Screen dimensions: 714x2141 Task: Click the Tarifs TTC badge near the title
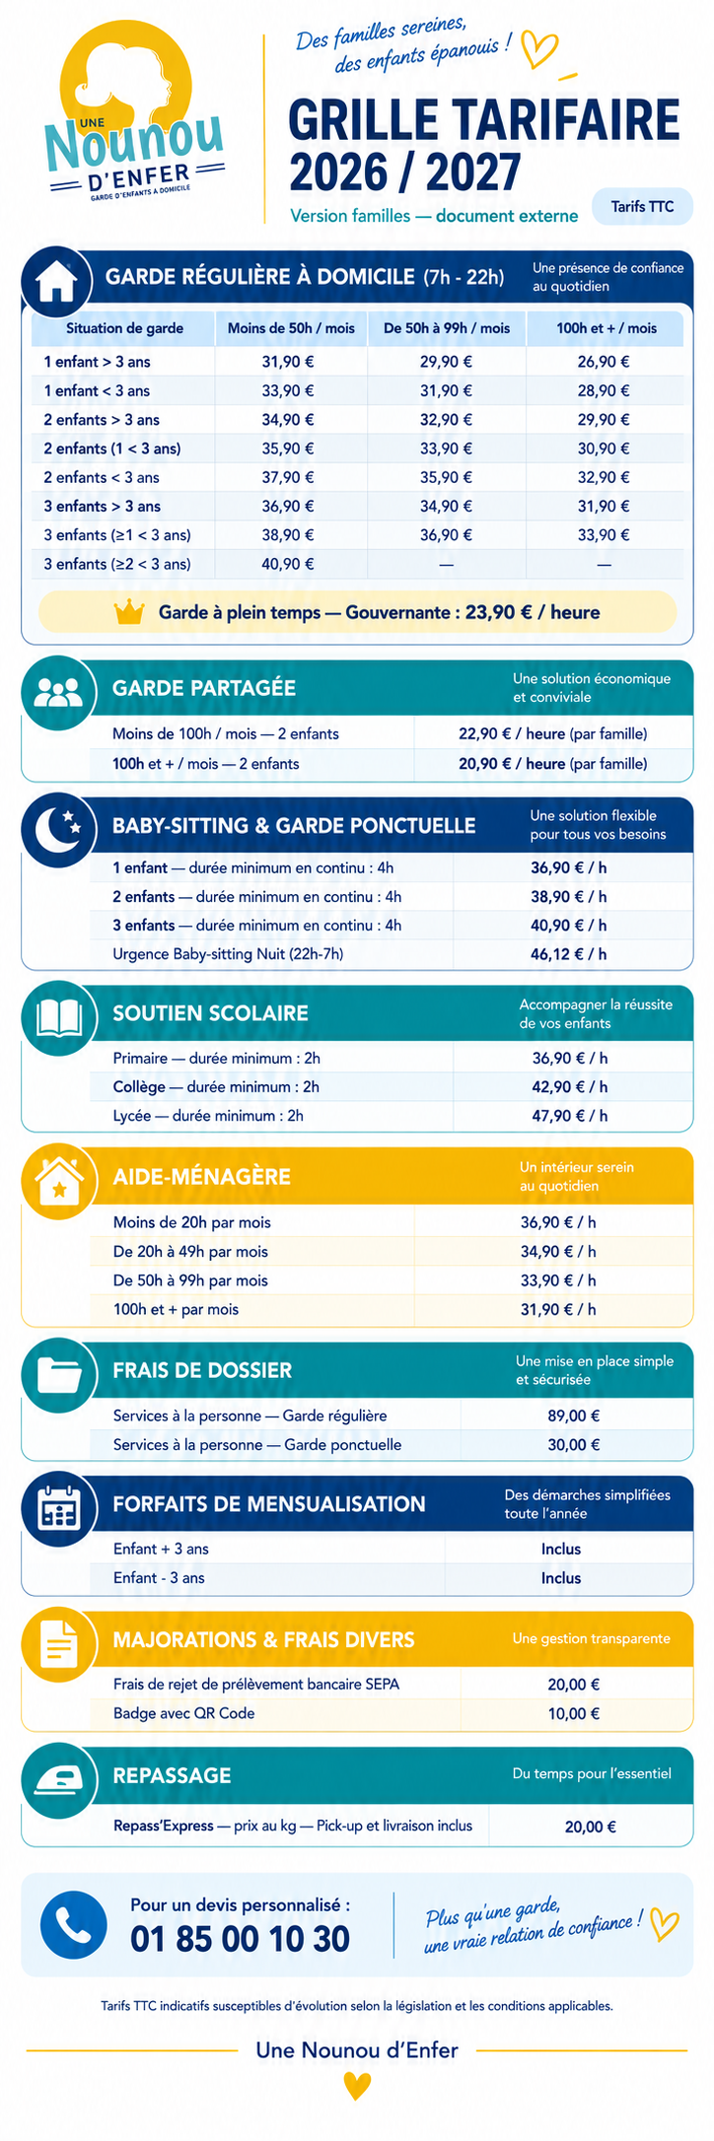642,206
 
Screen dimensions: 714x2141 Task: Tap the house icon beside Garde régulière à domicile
57,280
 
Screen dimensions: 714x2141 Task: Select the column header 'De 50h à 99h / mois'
447,328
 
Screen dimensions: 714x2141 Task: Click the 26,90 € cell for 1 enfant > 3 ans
604,362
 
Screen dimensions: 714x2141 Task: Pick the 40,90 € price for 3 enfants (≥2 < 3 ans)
288,564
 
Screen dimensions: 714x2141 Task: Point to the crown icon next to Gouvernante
129,612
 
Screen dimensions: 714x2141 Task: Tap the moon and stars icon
58,831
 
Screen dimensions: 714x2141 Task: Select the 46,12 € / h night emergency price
569,954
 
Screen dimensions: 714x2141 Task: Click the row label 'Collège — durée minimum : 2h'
216,1086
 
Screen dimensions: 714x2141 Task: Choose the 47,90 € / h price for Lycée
570,1116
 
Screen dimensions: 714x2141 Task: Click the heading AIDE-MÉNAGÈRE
201,1176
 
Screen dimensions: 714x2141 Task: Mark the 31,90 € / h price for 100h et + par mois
558,1309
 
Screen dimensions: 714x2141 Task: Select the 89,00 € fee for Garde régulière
574,1416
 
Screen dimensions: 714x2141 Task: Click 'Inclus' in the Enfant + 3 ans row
561,1549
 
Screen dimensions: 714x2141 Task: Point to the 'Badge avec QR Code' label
183,1713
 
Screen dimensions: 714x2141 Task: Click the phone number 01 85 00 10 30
240,1938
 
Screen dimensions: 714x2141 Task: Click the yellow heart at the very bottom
357,2086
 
